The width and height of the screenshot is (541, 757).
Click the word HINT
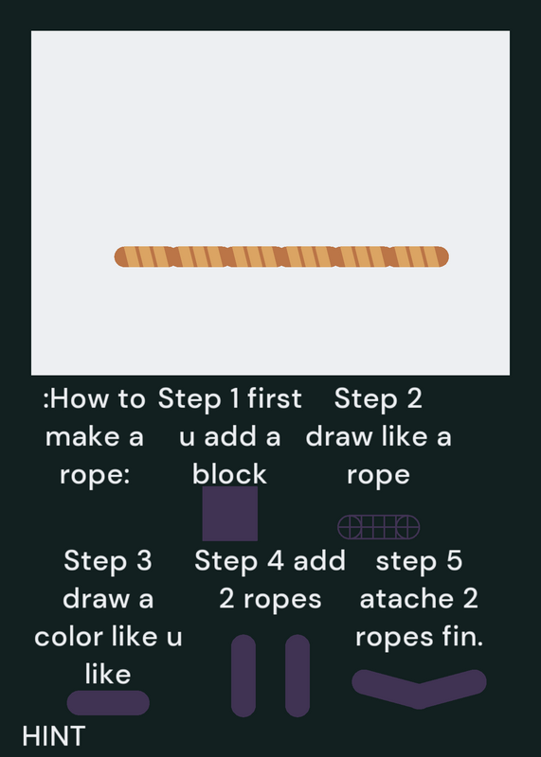(54, 736)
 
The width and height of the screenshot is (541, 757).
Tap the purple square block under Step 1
(229, 513)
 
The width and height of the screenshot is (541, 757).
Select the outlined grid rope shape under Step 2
(379, 527)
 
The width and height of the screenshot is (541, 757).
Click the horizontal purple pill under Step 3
(108, 702)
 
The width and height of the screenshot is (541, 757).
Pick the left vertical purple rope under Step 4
(243, 676)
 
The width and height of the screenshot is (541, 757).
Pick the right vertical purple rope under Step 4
(298, 676)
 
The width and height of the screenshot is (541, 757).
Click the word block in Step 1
(229, 474)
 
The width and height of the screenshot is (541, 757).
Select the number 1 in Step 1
(235, 398)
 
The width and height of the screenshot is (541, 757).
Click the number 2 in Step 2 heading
(414, 398)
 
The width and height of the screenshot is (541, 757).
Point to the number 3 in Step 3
(144, 561)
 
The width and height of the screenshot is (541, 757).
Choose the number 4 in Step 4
(276, 561)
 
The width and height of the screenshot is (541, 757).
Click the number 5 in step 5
(455, 561)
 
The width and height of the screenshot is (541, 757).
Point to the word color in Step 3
(71, 636)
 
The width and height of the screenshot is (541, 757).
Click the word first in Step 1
(275, 398)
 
